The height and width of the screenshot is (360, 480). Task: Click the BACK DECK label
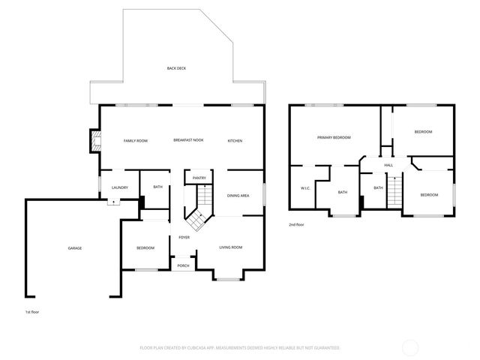pos(176,68)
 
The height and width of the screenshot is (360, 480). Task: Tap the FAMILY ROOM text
pos(136,141)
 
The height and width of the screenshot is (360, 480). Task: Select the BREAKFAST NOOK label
pos(188,141)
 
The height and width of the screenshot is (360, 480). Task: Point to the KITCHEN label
pos(235,141)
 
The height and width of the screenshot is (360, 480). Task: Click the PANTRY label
pos(199,178)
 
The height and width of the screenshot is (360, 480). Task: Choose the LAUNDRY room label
pos(120,187)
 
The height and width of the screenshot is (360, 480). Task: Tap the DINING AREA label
pos(238,196)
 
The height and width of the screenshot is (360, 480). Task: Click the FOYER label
pos(184,238)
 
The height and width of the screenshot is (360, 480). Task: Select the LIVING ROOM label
pos(230,247)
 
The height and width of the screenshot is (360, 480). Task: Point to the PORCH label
pos(183,265)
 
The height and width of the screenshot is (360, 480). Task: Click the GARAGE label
pos(75,248)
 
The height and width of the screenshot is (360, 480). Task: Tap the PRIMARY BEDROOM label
pos(334,137)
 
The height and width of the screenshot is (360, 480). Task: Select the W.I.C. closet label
pos(305,188)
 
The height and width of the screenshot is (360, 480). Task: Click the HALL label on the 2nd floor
pos(388,165)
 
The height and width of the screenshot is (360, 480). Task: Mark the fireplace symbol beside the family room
pos(95,141)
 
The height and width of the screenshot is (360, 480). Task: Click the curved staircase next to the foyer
pos(198,210)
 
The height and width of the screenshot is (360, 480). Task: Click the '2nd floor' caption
pos(297,224)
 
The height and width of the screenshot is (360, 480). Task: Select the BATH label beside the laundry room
pos(157,187)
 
